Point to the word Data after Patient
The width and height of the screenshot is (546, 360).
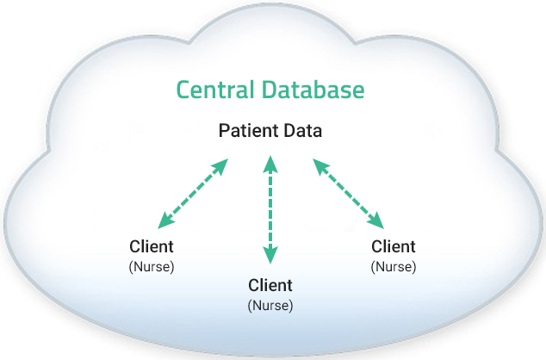coord(304,132)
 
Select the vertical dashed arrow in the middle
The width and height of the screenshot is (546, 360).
coord(270,209)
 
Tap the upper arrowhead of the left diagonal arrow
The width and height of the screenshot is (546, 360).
coord(221,164)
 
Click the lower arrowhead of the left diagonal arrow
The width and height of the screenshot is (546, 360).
coord(166,220)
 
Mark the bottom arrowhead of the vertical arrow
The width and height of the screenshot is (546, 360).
coord(270,256)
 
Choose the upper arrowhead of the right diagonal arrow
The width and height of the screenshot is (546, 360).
coord(320,164)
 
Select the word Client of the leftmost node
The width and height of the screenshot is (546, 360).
coord(152,247)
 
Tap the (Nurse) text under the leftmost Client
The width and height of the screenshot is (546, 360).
coord(152,266)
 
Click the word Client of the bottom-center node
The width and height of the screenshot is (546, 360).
coord(270,285)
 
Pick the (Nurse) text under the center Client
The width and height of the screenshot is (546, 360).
coord(270,304)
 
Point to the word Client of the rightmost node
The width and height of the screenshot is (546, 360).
coord(393,247)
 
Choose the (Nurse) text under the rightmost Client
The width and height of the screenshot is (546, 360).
coord(393,266)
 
